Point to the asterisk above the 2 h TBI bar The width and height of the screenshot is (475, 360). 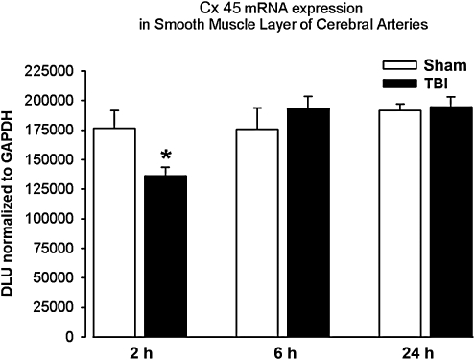[x=166, y=156]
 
